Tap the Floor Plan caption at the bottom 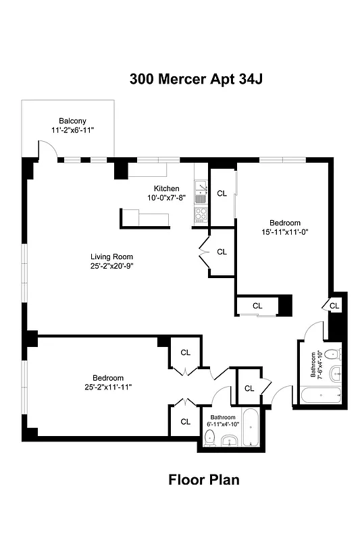tap(203, 480)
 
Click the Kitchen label tap(166, 188)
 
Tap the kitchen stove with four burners tap(201, 215)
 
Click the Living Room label tap(112, 256)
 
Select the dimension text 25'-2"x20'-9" tap(112, 266)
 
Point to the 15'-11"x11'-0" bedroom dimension tap(284, 232)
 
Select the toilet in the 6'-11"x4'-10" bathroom tap(210, 441)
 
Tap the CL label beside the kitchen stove tap(222, 194)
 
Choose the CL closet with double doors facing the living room tap(222, 252)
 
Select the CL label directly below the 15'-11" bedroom tap(257, 306)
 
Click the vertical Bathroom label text tap(313, 365)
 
